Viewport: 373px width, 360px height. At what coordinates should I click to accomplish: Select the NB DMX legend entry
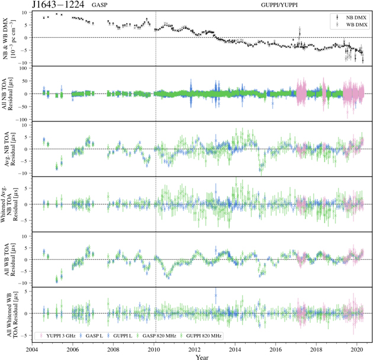[x=349, y=18]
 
